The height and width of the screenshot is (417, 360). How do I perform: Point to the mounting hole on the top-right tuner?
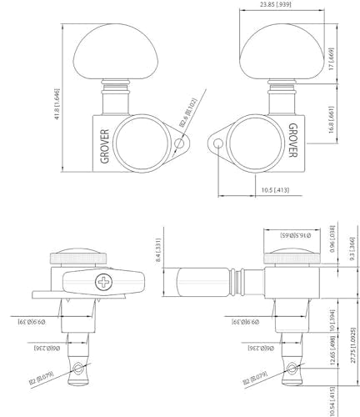219,145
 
